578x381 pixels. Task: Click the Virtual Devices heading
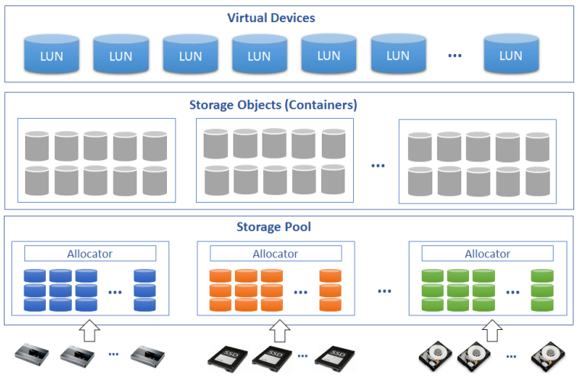[x=271, y=18]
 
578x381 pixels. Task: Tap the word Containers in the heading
[x=321, y=104]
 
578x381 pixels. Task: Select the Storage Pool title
[x=274, y=226]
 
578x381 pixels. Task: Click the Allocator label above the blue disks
[x=89, y=254]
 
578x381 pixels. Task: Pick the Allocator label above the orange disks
[x=275, y=254]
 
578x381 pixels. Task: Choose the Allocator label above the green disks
[x=487, y=254]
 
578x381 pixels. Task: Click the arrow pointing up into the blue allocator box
[x=89, y=330]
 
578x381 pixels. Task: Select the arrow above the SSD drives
[x=279, y=330]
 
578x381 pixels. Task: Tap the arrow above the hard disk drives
[x=493, y=330]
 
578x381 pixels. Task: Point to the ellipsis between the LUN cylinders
[x=455, y=56]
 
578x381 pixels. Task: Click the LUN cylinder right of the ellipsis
[x=512, y=53]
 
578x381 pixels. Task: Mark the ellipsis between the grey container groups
[x=378, y=165]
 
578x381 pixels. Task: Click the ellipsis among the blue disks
[x=115, y=292]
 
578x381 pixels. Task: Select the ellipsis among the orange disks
[x=300, y=292]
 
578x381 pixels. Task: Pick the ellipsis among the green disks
[x=512, y=292]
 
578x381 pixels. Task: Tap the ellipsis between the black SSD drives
[x=303, y=356]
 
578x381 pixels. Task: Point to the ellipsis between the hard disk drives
[x=512, y=357]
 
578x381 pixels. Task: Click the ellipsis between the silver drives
[x=114, y=354]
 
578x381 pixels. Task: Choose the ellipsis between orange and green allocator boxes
[x=384, y=291]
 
